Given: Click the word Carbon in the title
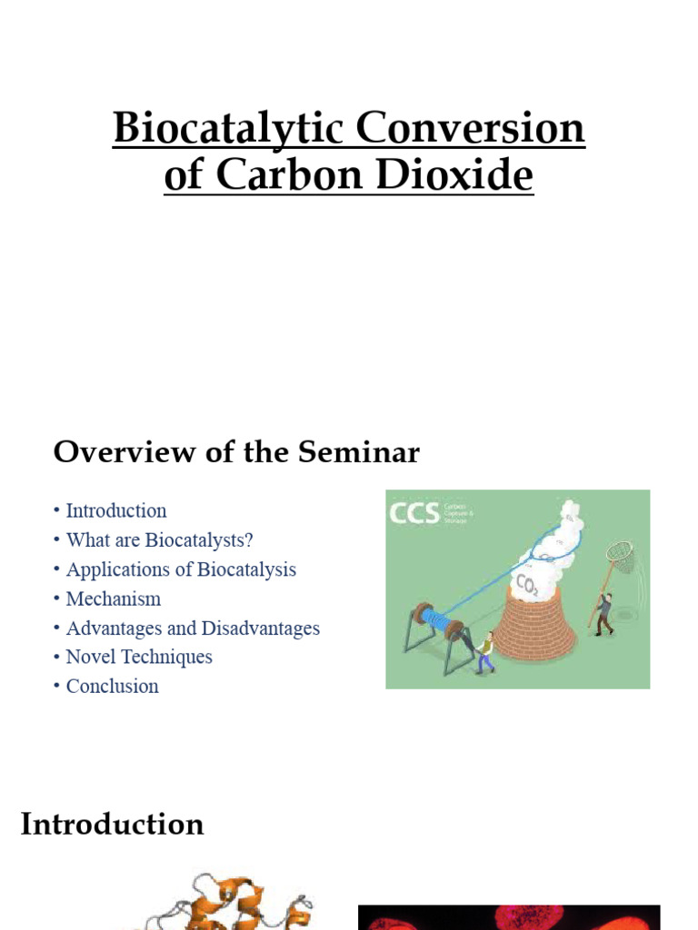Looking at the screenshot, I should coord(294,174).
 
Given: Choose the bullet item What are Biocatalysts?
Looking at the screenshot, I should coord(159,540).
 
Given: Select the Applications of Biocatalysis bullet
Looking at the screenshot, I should coord(181,569).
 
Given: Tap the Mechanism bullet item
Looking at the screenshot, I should coord(113,599).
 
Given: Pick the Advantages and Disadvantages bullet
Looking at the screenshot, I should coord(193,628).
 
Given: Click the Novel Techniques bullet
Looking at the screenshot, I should coord(139,657).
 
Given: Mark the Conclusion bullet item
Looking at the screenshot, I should coord(112,686).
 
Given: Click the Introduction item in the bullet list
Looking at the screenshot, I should coord(116,510).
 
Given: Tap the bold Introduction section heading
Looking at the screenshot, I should coord(112,824).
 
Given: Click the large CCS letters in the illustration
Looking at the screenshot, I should coord(414,513).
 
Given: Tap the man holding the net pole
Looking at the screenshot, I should coord(603,614).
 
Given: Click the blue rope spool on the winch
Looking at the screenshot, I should coord(437,619).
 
